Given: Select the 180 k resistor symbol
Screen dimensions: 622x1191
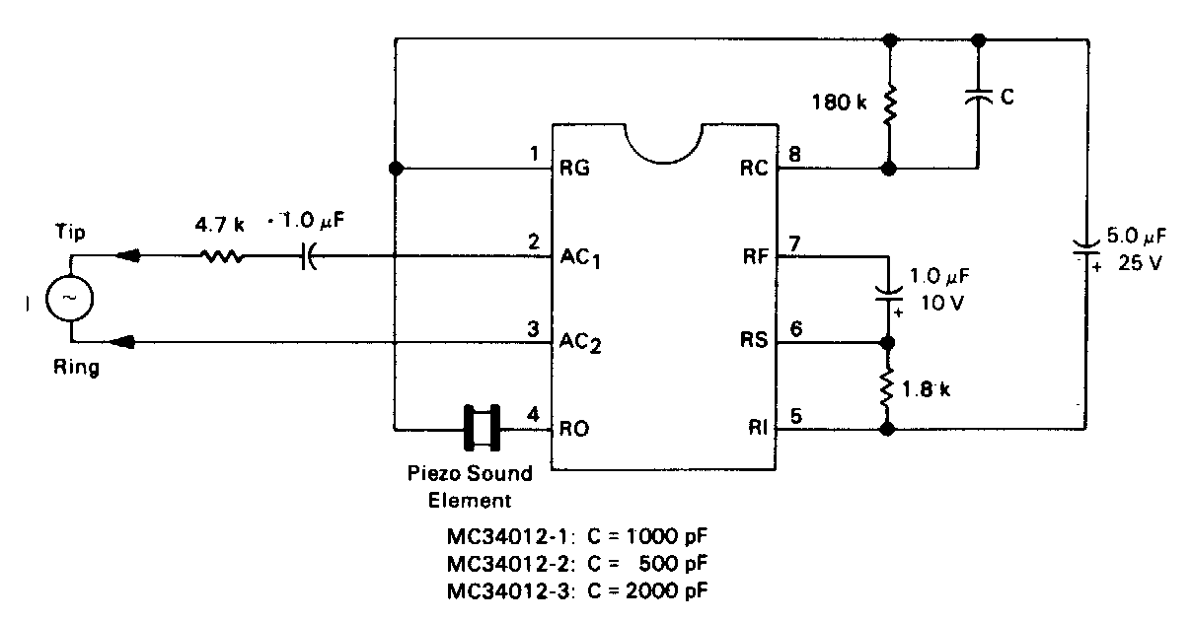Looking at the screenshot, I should coord(890,104).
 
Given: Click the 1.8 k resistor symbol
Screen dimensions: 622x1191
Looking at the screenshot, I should coord(887,386).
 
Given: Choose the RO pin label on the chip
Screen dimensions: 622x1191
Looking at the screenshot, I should coord(574,429).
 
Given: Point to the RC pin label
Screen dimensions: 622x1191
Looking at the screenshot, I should coord(754,168).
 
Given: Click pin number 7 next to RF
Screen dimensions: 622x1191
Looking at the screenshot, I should coord(796,242).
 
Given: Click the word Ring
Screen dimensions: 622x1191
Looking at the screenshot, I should coord(75,369).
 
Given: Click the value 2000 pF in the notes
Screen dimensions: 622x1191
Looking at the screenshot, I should coord(665,589).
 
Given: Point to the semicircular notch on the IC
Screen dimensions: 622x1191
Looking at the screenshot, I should coord(662,143).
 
